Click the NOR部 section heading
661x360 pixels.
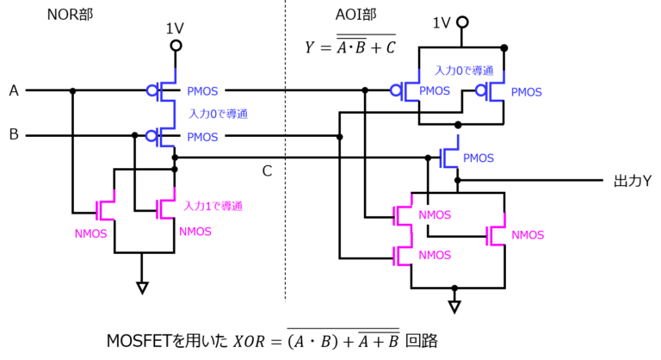click(70, 15)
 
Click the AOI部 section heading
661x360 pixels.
click(355, 15)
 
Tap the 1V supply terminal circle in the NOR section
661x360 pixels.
click(176, 46)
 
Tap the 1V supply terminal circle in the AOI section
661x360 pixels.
click(462, 22)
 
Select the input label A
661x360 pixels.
click(14, 90)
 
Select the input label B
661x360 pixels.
click(14, 134)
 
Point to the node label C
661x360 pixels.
click(267, 171)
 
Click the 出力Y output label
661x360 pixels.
click(633, 181)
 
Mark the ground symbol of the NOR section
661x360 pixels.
click(142, 289)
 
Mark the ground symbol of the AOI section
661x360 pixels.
click(454, 307)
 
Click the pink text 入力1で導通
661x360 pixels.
click(213, 207)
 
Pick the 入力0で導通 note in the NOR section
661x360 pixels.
click(218, 114)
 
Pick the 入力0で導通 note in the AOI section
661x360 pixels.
click(464, 71)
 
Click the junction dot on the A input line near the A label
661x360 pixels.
click(72, 90)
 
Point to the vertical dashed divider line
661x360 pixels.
click(286, 150)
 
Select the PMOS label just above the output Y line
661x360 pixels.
click(479, 158)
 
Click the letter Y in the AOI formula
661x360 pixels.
click(310, 47)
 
